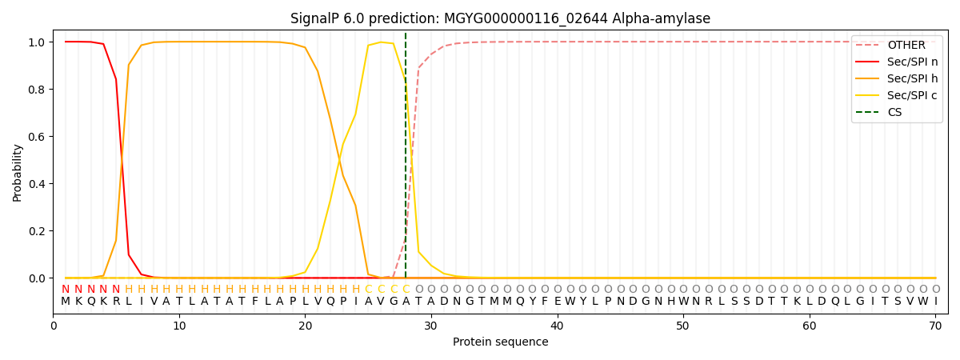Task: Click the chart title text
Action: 500,18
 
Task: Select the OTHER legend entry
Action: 897,45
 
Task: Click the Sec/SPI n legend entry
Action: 897,62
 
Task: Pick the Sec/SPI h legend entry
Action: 897,78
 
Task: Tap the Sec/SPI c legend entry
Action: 897,95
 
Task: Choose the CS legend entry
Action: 883,112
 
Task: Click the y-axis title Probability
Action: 17,173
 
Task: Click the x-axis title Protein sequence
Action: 500,342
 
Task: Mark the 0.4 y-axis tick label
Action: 37,184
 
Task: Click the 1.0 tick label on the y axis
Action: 37,42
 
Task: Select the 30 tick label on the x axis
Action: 430,326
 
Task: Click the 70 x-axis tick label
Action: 935,326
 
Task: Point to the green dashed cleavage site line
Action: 406,155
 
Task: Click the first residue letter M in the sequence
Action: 66,302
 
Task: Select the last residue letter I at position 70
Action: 936,302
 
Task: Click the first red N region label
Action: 66,290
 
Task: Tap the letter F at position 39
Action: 545,302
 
